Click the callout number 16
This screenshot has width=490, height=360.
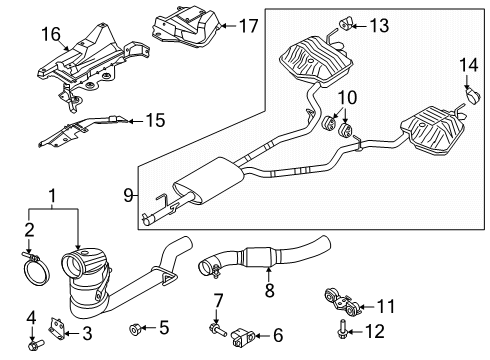[49, 34]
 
